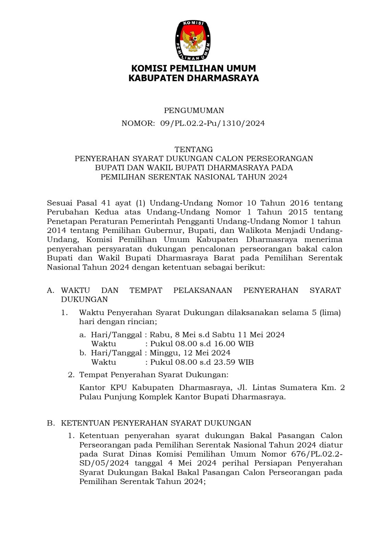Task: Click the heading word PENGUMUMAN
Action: coord(194,111)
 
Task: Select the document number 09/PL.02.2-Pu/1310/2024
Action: coord(213,123)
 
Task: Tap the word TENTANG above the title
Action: coord(194,149)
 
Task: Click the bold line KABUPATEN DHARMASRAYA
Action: coord(194,78)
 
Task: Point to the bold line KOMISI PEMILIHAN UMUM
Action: coord(194,68)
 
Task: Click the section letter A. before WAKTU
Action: coord(50,290)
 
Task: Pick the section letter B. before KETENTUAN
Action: coord(50,423)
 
